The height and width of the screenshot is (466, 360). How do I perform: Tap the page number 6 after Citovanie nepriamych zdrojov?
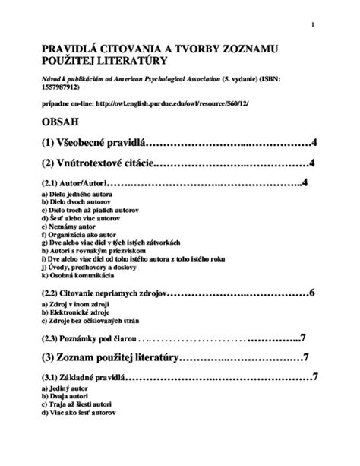pos(312,292)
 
